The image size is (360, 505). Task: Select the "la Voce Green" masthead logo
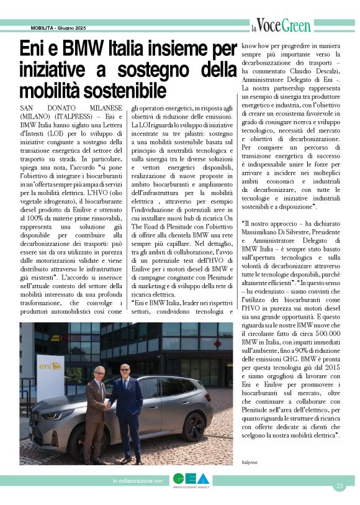pyautogui.click(x=281, y=26)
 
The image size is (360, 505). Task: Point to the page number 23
pyautogui.click(x=339, y=486)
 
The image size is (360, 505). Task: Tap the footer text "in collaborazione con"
pyautogui.click(x=137, y=481)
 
